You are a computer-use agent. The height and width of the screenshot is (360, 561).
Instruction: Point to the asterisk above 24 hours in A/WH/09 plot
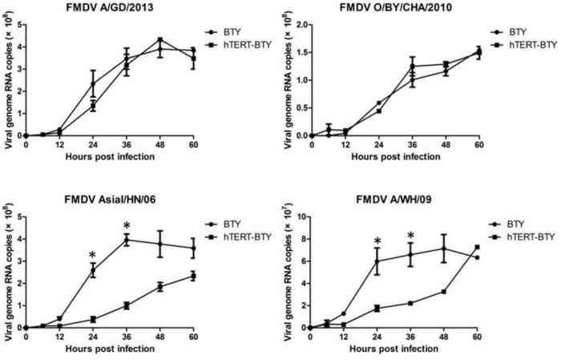click(x=377, y=242)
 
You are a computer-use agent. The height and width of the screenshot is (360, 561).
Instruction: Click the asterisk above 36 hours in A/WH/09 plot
click(x=410, y=237)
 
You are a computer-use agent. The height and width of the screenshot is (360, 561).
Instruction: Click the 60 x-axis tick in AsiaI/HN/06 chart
click(x=194, y=337)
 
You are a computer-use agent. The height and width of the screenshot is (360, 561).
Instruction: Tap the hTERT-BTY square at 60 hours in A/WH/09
click(x=478, y=248)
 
